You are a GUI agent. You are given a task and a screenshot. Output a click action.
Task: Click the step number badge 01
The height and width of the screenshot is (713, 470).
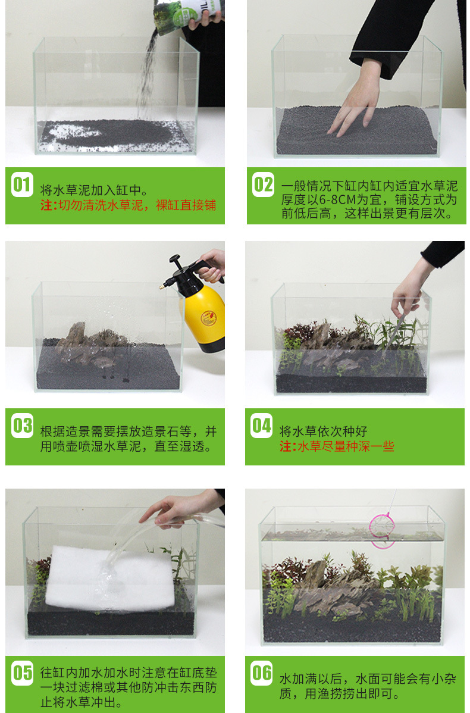click(x=22, y=184)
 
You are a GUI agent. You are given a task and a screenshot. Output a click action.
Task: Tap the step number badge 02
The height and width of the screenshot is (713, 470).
click(x=263, y=184)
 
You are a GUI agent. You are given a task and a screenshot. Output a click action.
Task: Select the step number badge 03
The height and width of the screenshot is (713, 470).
click(x=22, y=426)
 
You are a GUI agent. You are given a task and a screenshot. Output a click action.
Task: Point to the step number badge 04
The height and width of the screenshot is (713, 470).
click(x=261, y=426)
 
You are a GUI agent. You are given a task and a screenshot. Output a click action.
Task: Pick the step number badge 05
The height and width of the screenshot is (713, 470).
click(x=22, y=673)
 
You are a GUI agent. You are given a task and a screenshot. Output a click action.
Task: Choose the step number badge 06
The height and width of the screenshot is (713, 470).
click(x=261, y=673)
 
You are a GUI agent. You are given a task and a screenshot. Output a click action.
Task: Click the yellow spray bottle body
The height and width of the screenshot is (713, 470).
click(x=205, y=318)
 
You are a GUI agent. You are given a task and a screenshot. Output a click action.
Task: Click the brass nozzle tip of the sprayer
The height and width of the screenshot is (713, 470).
click(x=161, y=287)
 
